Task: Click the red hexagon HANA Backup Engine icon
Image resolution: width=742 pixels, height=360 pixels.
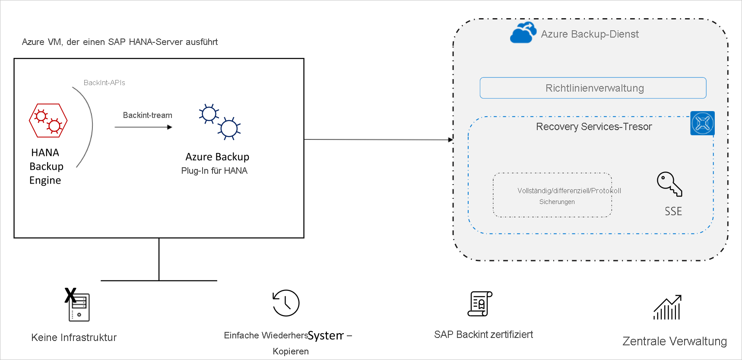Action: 48,121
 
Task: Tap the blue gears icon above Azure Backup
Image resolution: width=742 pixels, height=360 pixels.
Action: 219,122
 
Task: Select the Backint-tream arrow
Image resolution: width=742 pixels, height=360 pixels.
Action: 143,127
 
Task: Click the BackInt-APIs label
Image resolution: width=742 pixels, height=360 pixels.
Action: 104,83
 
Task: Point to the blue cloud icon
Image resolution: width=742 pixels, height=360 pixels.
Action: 523,33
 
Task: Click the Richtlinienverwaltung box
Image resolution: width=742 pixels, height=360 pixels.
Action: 593,88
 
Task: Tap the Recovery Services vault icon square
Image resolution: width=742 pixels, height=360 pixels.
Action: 702,123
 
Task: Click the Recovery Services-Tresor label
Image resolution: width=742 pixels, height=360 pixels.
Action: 594,127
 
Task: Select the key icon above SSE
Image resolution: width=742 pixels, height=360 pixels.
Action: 669,184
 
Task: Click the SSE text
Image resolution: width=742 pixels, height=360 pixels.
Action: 673,211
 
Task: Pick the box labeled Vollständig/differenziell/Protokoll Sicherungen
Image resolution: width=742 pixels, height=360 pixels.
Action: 552,195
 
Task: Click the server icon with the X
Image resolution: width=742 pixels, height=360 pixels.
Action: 78,306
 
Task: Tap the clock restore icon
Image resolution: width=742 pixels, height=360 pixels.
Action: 286,303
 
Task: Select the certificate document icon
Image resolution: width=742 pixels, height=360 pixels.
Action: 480,304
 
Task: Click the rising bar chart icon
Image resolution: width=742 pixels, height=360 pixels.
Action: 667,307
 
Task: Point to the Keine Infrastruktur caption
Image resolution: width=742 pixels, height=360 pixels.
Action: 74,338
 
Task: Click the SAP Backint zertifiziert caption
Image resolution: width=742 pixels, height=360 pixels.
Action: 483,335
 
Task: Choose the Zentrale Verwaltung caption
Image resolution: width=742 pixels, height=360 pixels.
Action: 674,341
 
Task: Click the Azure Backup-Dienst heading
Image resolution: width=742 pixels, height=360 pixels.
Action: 590,34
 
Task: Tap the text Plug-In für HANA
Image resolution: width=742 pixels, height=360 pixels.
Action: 214,171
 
